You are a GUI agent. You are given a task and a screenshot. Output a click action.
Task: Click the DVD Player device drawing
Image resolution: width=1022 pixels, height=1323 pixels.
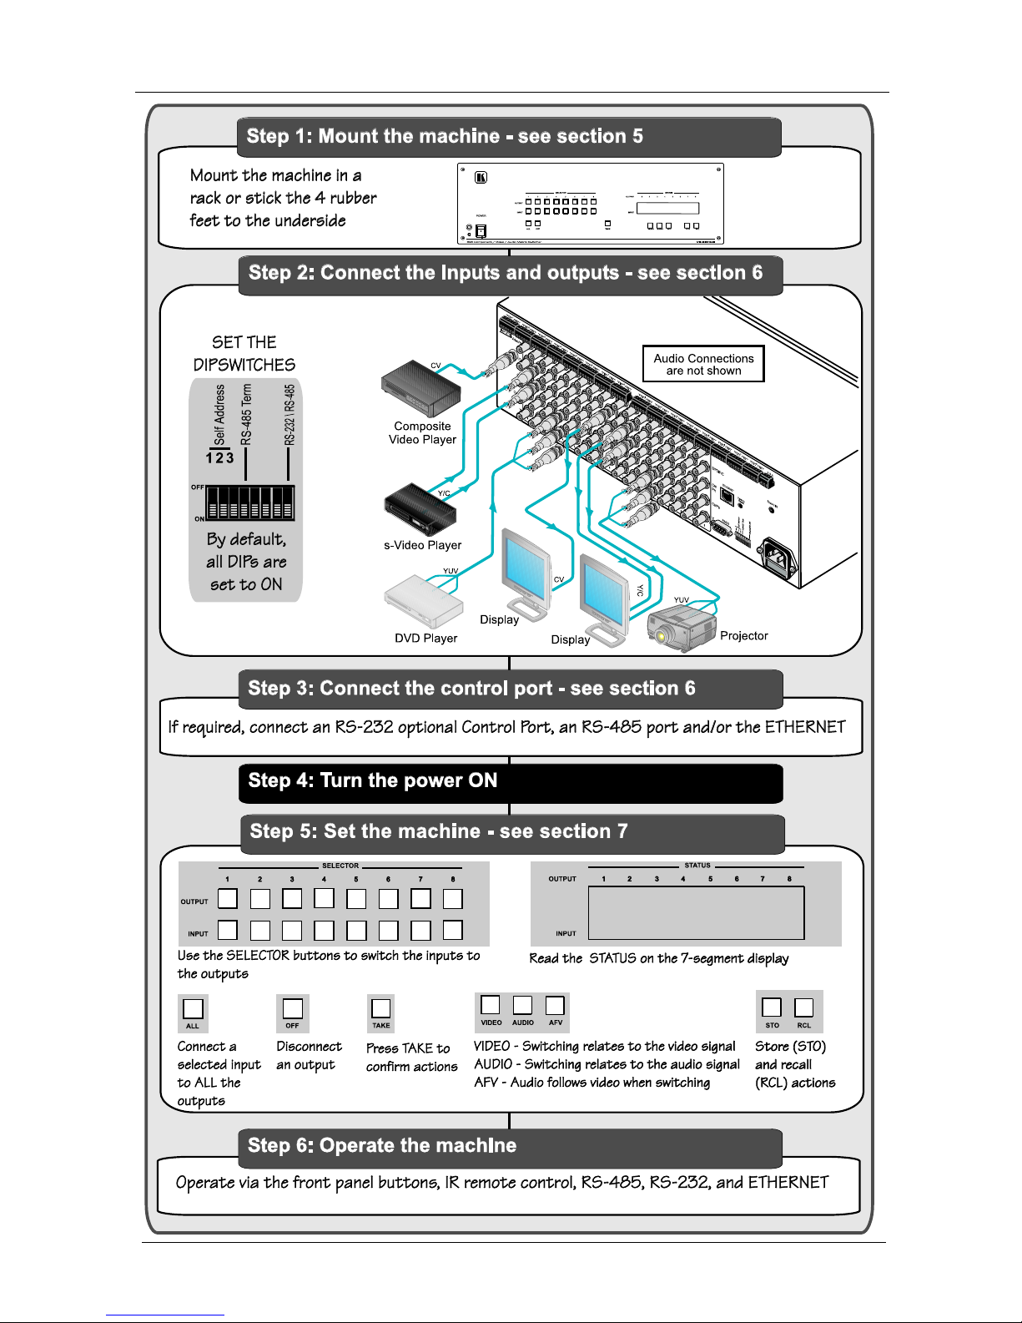tap(423, 601)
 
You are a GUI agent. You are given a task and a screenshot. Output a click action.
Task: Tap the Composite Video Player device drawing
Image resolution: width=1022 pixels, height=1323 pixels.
tap(421, 388)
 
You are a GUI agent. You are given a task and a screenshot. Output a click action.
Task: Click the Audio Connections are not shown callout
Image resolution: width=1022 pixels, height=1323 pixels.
tap(703, 364)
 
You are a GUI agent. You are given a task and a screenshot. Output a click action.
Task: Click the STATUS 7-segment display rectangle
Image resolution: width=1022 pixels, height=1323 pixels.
tap(696, 912)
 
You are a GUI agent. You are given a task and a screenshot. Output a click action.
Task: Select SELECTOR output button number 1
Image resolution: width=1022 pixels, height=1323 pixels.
tap(228, 898)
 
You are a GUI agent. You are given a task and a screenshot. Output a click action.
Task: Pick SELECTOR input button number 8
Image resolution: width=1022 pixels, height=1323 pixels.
tap(452, 930)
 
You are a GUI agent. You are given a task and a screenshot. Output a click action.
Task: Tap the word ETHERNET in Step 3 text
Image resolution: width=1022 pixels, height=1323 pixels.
tap(805, 727)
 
